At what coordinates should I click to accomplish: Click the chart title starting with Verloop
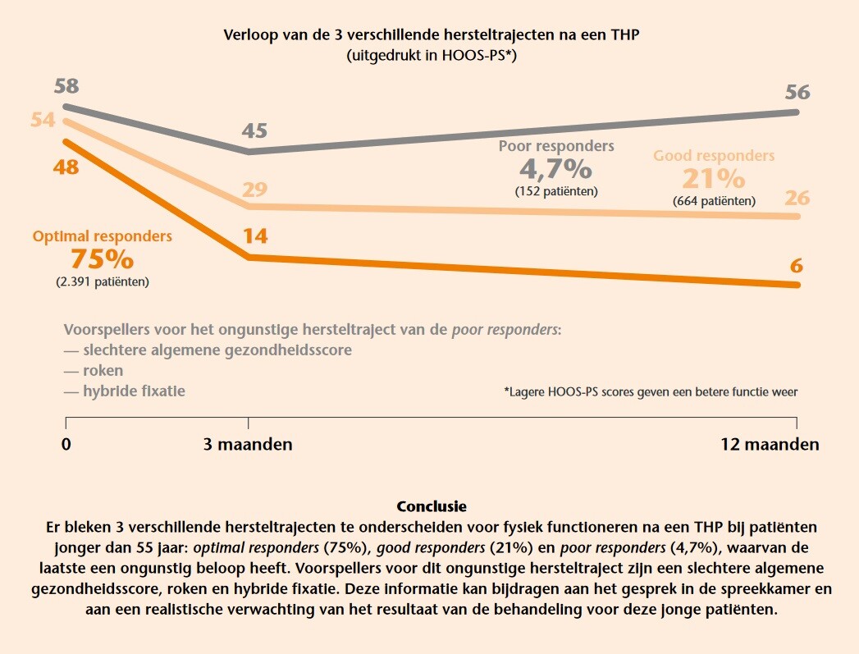click(x=429, y=35)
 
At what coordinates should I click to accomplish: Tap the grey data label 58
click(x=66, y=86)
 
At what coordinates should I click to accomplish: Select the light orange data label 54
click(x=43, y=120)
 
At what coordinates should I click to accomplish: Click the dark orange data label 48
click(x=66, y=167)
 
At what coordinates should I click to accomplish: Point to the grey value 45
click(x=254, y=131)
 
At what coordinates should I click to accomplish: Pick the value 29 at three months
click(x=254, y=190)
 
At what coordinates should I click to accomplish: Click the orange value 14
click(x=254, y=236)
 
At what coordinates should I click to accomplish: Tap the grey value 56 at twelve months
click(x=797, y=92)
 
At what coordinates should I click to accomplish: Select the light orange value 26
click(x=797, y=198)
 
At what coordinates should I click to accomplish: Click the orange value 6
click(x=797, y=266)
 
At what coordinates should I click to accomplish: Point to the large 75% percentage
click(x=102, y=258)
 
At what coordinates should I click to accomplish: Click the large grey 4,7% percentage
click(x=555, y=169)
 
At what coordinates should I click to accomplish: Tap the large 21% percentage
click(x=714, y=178)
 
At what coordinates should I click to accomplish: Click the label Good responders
click(x=714, y=156)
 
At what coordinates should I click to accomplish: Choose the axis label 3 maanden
click(x=248, y=445)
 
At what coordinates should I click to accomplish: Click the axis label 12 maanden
click(x=770, y=445)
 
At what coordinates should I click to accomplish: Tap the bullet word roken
click(x=103, y=371)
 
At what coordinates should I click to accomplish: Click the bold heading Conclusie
click(x=431, y=506)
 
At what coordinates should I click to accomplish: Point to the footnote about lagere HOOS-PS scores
click(x=651, y=392)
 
